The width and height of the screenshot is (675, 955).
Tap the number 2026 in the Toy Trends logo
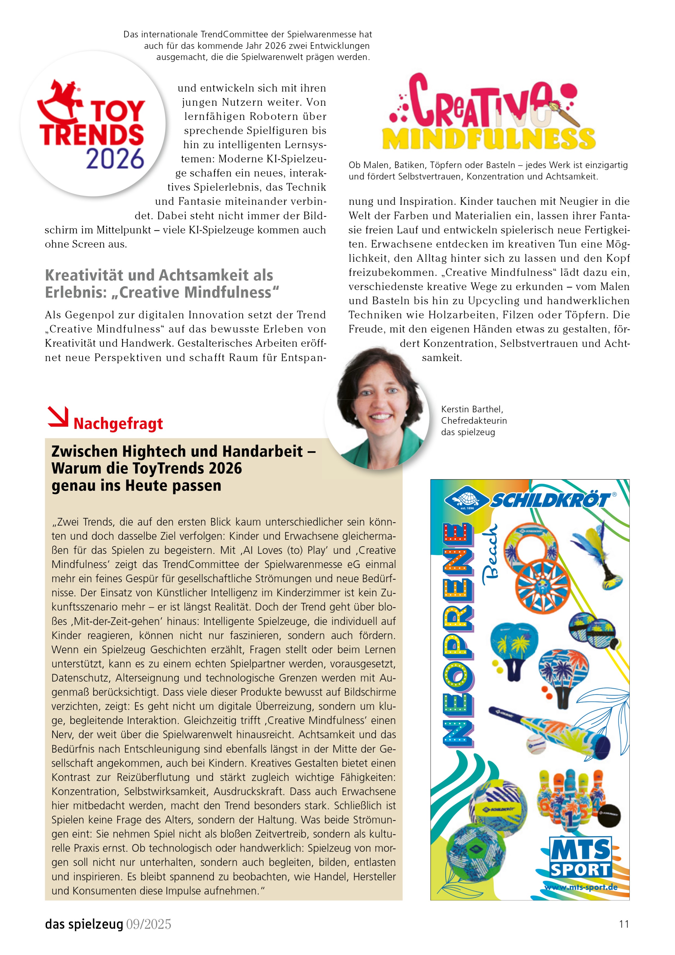115,159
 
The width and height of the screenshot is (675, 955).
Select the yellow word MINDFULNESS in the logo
489,139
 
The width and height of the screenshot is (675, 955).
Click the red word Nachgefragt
118,423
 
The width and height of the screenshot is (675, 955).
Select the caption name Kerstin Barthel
472,409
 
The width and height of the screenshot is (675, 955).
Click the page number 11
624,924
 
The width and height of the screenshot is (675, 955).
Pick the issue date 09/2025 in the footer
148,924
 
